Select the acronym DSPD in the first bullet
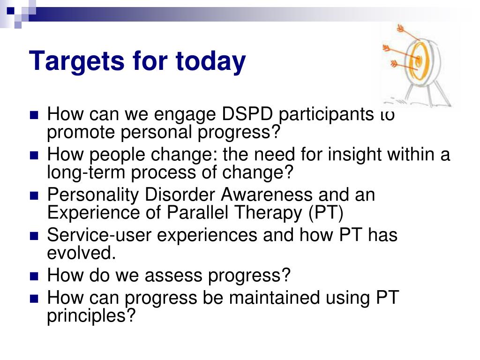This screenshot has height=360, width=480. click(x=247, y=114)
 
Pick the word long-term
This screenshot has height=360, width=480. click(x=86, y=172)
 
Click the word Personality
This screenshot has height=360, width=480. click(x=93, y=195)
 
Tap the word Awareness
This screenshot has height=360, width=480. click(x=266, y=195)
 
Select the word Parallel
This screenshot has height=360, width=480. click(x=200, y=212)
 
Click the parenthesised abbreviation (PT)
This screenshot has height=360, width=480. click(x=326, y=213)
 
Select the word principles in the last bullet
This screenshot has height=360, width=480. click(x=91, y=316)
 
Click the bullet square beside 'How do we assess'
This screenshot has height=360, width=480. click(x=34, y=277)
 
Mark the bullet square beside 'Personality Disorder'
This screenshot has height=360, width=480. click(x=34, y=195)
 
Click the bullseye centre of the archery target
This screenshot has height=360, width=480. click(x=419, y=59)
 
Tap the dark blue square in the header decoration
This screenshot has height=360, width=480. click(x=11, y=11)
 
